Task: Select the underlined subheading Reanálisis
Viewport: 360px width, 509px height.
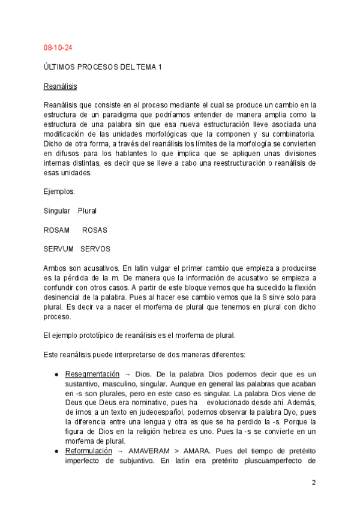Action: click(60, 86)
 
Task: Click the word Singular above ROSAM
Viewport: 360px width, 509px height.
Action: click(57, 211)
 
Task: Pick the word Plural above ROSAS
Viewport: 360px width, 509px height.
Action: click(87, 211)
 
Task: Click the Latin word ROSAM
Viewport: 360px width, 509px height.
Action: click(56, 230)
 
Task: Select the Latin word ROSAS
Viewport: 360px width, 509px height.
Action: click(94, 230)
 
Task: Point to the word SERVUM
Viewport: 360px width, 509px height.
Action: click(59, 249)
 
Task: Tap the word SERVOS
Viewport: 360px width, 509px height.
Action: click(95, 249)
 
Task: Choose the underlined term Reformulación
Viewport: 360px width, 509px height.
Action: click(88, 450)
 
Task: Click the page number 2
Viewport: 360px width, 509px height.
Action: click(313, 483)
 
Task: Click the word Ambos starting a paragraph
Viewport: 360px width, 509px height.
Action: click(55, 268)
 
